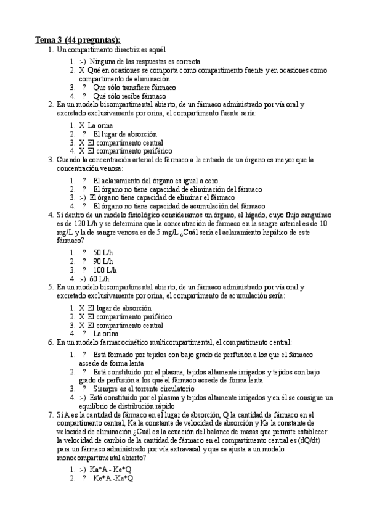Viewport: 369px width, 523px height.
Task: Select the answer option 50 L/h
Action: pyautogui.click(x=103, y=253)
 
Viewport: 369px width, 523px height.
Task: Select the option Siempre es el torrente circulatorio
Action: pyautogui.click(x=144, y=389)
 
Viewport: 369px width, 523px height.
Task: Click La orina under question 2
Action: pyautogui.click(x=100, y=125)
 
